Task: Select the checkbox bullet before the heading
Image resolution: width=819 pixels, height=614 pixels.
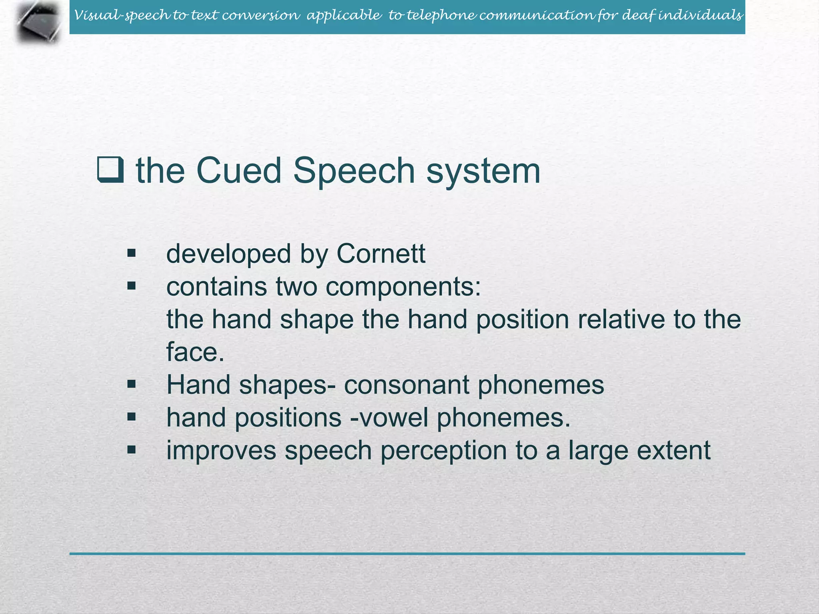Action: coord(110,170)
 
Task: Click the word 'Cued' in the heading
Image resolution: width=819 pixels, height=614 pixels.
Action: coord(239,171)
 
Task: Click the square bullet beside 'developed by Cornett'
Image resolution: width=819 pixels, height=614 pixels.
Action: coord(132,253)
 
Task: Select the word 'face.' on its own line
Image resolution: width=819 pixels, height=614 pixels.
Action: coord(195,352)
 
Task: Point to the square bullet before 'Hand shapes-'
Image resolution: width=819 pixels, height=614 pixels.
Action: coord(132,385)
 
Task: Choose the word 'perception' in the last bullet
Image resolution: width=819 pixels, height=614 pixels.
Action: coord(443,451)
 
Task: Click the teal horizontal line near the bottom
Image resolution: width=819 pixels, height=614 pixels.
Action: coord(407,554)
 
